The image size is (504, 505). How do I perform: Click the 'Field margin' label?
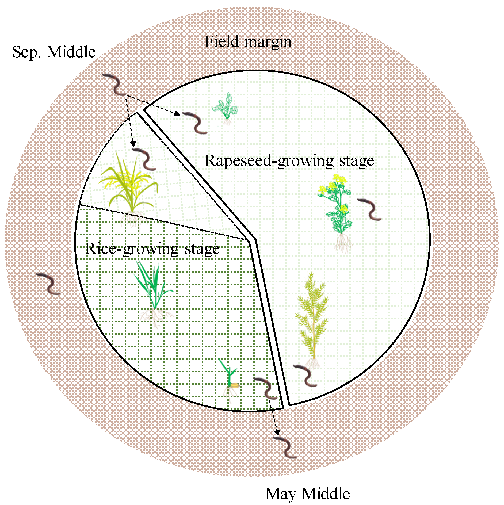(x=248, y=42)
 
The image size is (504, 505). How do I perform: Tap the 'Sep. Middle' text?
(x=54, y=52)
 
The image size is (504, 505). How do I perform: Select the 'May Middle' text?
(x=307, y=494)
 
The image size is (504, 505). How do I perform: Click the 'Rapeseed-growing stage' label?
(x=289, y=161)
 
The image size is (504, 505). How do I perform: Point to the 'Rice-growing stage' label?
(x=152, y=249)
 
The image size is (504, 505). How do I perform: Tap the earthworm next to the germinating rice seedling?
(x=266, y=388)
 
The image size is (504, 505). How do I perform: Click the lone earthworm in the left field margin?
(x=48, y=284)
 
